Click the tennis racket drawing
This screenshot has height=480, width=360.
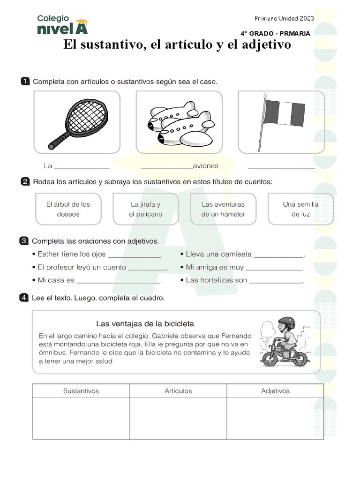click(x=78, y=122)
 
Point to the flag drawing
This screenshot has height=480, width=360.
click(x=281, y=120)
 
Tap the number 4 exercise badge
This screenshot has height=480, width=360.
click(x=23, y=297)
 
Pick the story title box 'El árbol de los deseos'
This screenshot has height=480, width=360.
click(x=68, y=209)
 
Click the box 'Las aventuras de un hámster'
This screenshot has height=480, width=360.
click(x=223, y=209)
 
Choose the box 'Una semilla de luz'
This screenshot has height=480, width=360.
click(x=300, y=209)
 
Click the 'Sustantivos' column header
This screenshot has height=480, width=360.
click(x=81, y=391)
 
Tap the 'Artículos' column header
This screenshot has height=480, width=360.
click(x=178, y=391)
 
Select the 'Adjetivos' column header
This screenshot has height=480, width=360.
click(x=275, y=391)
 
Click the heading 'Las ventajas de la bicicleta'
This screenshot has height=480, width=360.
click(x=145, y=323)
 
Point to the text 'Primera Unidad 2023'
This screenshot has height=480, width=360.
click(x=284, y=18)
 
